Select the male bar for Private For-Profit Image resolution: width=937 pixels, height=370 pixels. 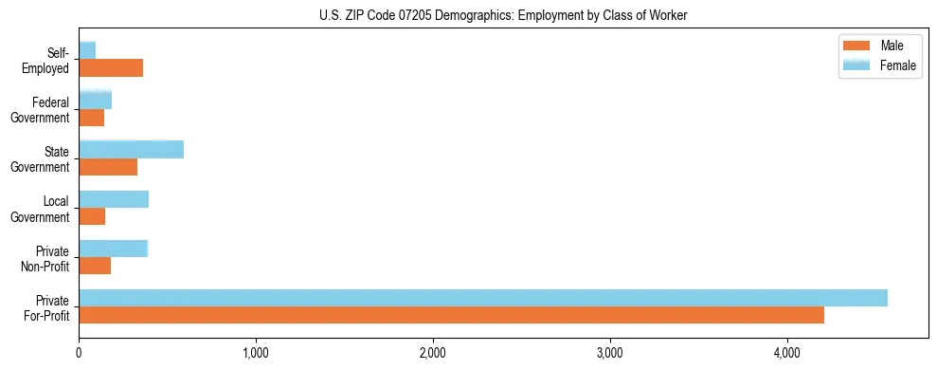click(x=451, y=315)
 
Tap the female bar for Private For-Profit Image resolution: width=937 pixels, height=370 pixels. click(x=483, y=298)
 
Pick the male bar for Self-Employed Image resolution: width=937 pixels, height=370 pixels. click(x=111, y=67)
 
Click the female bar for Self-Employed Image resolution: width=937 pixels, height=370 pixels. click(x=87, y=50)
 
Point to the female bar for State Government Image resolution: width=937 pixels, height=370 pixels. click(x=131, y=150)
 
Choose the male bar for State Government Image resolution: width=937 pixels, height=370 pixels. click(x=108, y=167)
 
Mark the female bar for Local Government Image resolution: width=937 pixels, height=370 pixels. click(x=114, y=199)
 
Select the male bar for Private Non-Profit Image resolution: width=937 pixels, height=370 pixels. click(x=95, y=266)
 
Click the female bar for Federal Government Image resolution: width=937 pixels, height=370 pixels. click(x=95, y=100)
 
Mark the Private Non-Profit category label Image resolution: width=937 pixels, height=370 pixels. click(x=46, y=258)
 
